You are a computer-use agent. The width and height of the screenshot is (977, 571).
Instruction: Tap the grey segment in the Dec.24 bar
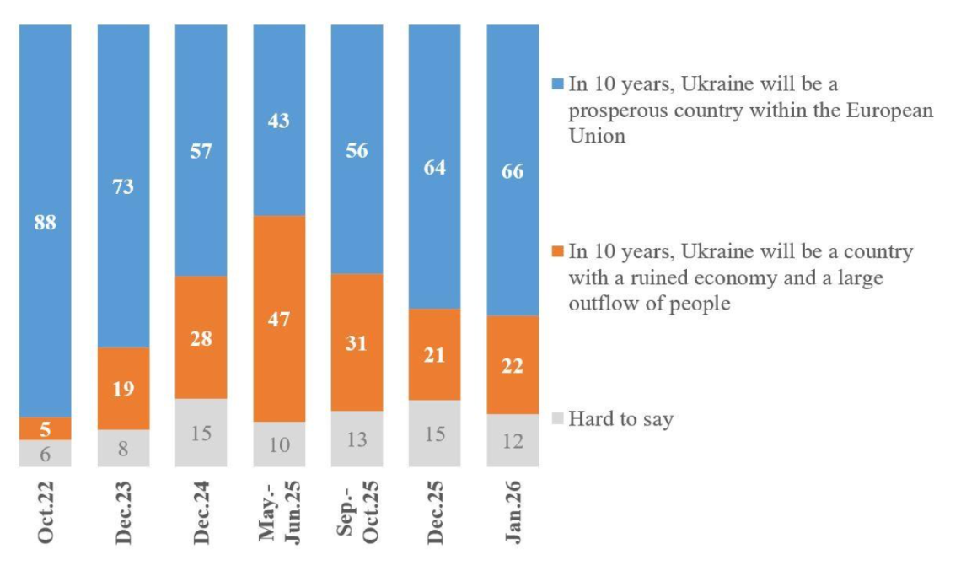[201, 432]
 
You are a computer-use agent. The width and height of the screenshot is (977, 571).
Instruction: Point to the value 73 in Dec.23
[123, 186]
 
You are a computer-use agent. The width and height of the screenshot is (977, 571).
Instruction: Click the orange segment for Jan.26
[513, 364]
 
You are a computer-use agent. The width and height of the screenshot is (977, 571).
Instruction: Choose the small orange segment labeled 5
[46, 428]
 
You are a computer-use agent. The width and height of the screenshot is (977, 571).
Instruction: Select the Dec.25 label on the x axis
[435, 513]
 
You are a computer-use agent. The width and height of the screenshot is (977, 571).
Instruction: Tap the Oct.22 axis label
[46, 512]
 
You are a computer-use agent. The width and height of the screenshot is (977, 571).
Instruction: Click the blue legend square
[556, 84]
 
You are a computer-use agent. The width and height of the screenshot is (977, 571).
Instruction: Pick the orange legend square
[556, 251]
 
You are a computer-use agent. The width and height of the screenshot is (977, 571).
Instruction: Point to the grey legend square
[556, 418]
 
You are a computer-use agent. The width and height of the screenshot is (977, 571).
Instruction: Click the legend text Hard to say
[620, 418]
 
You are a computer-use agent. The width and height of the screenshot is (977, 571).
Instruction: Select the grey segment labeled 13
[357, 439]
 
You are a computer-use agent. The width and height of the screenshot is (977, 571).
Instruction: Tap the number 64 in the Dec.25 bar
[435, 167]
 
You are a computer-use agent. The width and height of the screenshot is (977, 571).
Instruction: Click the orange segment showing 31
[357, 342]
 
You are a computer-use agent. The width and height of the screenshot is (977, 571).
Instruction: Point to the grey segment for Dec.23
[123, 448]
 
